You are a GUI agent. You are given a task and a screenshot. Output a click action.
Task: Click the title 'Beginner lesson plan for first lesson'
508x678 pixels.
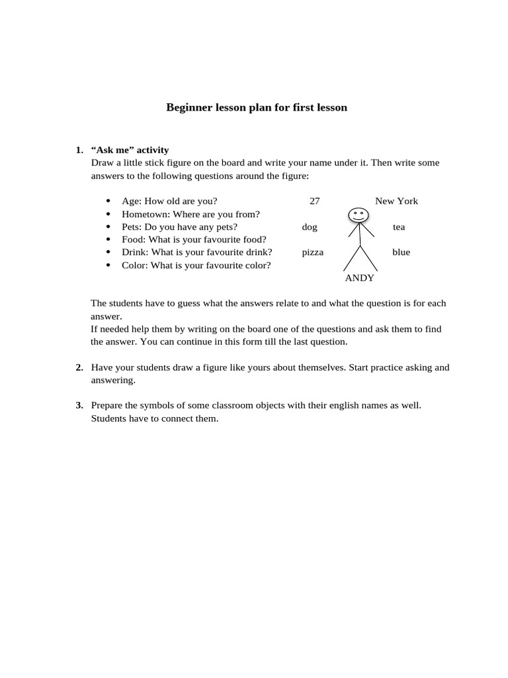tap(256, 107)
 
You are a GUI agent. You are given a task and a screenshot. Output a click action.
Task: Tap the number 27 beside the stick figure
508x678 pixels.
tap(315, 201)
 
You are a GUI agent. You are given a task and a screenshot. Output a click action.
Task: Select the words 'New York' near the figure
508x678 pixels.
tap(396, 201)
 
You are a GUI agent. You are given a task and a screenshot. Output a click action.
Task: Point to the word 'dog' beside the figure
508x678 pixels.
tap(310, 227)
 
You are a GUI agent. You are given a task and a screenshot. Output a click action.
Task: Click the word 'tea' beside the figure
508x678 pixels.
tap(399, 227)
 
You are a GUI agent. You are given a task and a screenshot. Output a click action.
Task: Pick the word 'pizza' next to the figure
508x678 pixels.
tap(312, 252)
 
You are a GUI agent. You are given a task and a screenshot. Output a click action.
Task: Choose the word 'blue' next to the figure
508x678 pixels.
tap(401, 252)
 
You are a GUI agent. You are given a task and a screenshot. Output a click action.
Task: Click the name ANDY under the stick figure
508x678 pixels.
tap(359, 278)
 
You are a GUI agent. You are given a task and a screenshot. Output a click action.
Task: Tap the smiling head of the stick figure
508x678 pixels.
tap(359, 215)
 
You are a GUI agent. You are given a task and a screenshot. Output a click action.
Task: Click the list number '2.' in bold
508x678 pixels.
tap(79, 367)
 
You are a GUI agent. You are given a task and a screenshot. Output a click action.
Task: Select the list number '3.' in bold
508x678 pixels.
tap(79, 405)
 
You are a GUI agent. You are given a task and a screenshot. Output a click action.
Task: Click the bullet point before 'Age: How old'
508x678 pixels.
tap(108, 201)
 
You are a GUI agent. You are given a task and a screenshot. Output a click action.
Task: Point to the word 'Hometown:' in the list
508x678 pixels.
tap(142, 215)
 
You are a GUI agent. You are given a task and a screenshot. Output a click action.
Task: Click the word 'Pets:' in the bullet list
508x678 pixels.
tap(132, 227)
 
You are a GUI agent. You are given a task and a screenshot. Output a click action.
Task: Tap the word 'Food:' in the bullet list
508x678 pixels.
tap(134, 240)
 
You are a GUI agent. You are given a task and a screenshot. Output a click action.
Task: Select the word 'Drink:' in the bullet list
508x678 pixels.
tap(136, 252)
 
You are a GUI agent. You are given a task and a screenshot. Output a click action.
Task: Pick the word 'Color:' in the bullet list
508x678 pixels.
tap(135, 266)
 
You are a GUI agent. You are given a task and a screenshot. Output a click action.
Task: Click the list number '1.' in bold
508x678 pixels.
tap(79, 150)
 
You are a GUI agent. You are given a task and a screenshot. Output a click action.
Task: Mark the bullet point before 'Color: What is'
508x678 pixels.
tap(108, 266)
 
